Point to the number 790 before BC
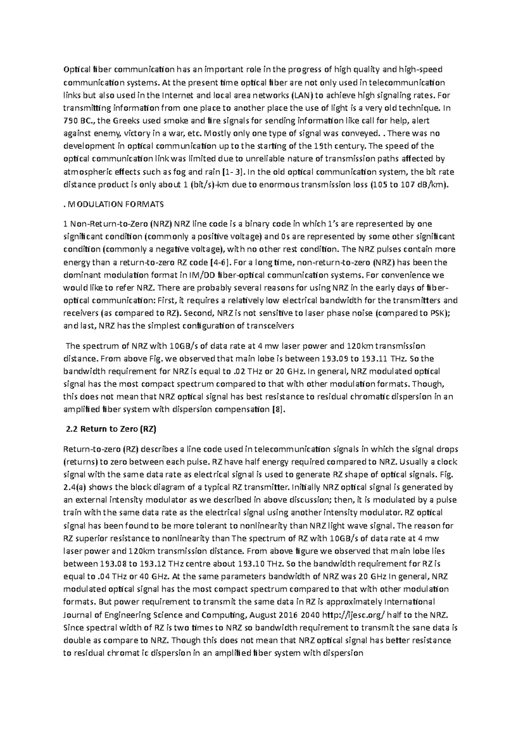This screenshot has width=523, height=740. pyautogui.click(x=71, y=121)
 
